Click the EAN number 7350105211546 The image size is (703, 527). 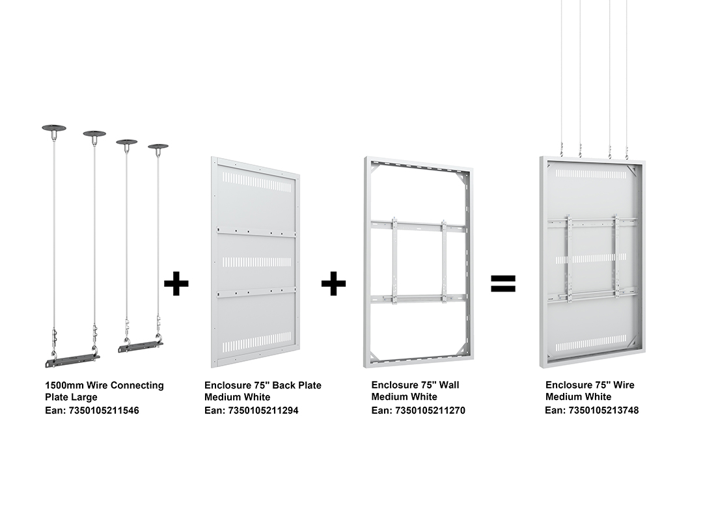click(x=103, y=411)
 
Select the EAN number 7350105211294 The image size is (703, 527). click(x=263, y=411)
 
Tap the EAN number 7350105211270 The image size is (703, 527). click(x=430, y=410)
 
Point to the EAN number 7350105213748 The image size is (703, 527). click(x=603, y=410)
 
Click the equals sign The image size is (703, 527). click(x=503, y=283)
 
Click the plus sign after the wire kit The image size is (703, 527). click(x=176, y=283)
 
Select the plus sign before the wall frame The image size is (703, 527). click(x=333, y=283)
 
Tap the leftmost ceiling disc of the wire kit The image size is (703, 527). click(x=54, y=128)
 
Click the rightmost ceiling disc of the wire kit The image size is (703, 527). click(x=158, y=146)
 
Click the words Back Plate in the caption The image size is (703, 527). click(x=297, y=385)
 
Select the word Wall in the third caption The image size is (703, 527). click(x=450, y=385)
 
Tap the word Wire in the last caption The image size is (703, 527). click(x=624, y=385)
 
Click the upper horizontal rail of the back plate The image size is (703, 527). click(x=256, y=232)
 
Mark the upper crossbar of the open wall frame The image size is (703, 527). click(x=419, y=225)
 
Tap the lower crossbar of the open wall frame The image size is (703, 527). click(x=419, y=298)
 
